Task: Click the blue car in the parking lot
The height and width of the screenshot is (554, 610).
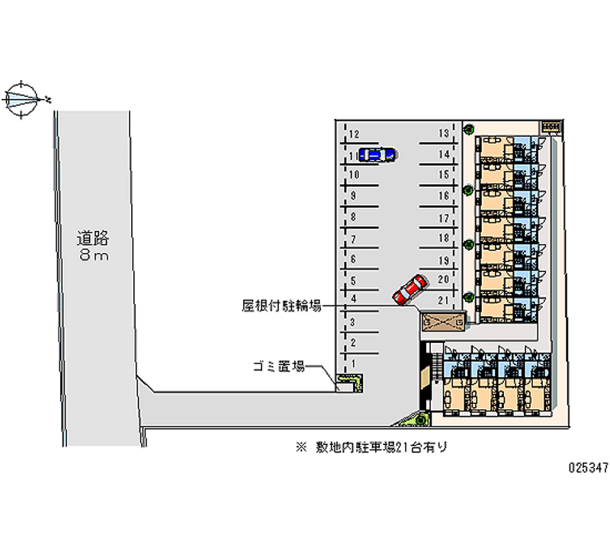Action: tap(376, 155)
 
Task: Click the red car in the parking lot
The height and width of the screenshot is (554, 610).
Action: tap(409, 289)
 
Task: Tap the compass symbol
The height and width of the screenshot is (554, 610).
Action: tap(24, 99)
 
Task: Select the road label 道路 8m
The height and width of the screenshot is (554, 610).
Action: tap(92, 246)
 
